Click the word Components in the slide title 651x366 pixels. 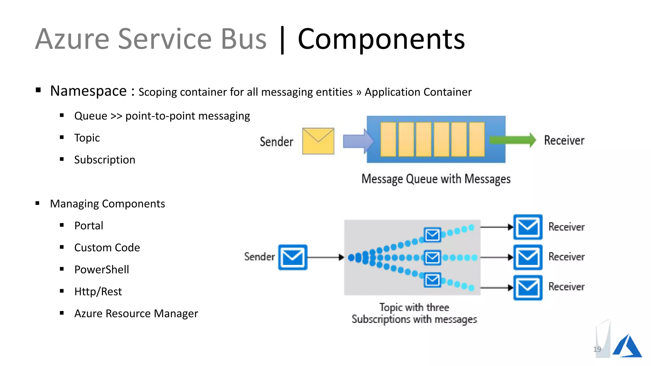381,39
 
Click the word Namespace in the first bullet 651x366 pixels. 88,91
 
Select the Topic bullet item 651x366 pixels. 87,138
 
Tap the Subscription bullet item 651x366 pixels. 105,160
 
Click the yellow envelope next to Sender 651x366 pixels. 318,141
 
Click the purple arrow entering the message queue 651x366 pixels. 358,141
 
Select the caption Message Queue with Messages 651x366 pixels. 436,179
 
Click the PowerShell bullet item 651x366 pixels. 101,270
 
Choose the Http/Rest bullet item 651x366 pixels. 98,292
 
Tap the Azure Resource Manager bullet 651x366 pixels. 136,314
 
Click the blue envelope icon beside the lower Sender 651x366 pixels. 292,257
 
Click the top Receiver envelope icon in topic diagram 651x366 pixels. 528,227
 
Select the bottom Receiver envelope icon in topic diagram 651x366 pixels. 528,288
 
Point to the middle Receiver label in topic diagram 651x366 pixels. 566,257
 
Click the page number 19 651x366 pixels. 597,349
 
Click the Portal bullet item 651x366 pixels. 89,226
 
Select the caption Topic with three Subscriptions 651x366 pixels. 414,313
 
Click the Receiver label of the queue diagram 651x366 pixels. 564,140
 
